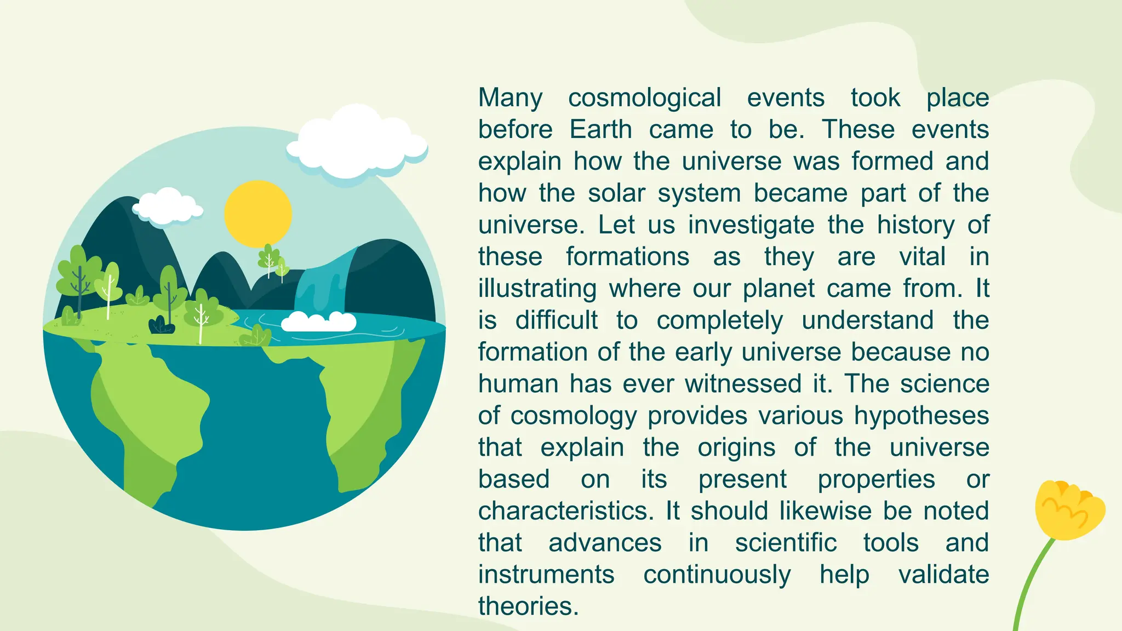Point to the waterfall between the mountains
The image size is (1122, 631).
(323, 285)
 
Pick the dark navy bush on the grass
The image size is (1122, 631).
(162, 325)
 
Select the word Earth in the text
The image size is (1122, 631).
(600, 130)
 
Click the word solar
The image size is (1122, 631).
(616, 193)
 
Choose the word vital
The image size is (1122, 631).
(922, 257)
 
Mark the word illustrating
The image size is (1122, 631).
(537, 289)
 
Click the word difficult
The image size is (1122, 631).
(556, 320)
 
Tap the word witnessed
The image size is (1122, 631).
(743, 383)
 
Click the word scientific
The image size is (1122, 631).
(786, 543)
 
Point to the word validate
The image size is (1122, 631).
(943, 575)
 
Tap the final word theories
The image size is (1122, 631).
(528, 606)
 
